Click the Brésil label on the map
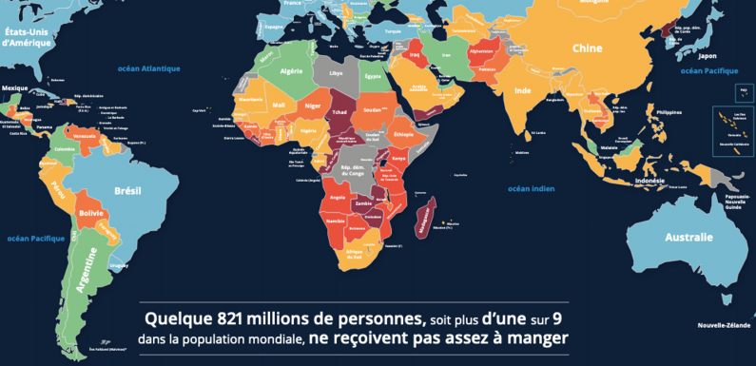[127, 190]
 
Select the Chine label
[588, 48]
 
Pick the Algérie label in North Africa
[291, 70]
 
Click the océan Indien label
[531, 188]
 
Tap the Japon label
[680, 56]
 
